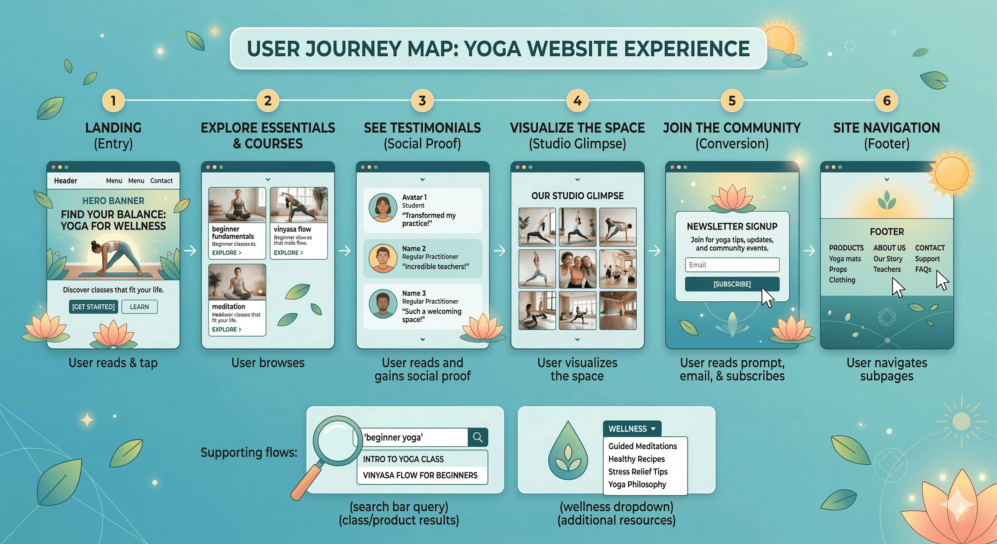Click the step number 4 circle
tap(577, 101)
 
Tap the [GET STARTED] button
tap(93, 307)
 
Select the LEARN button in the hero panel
tap(139, 307)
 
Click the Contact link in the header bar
tap(161, 181)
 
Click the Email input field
tap(732, 265)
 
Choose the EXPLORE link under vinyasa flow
tap(288, 253)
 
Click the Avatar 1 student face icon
tap(382, 208)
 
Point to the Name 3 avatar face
tap(382, 304)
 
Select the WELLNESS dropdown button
tap(632, 429)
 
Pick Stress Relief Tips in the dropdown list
tap(638, 472)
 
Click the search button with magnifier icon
tap(478, 437)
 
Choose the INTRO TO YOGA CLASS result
tap(403, 459)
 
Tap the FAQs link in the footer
tap(923, 270)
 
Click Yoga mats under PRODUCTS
tap(844, 259)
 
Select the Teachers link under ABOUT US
tap(887, 270)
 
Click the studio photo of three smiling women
tap(577, 269)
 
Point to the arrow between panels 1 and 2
tap(190, 250)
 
